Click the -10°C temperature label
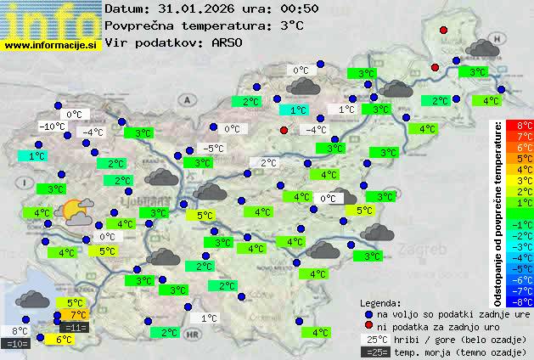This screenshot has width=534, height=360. [52, 127]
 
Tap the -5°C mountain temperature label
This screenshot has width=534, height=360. [213, 149]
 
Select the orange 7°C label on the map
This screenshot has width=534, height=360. [78, 315]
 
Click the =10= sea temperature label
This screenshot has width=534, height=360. [16, 343]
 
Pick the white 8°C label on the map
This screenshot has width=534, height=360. [19, 331]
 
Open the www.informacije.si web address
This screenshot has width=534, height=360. [51, 44]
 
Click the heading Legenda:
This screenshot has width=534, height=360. [379, 303]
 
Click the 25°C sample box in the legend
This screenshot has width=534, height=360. [374, 338]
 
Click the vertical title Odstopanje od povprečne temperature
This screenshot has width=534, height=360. [499, 213]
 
